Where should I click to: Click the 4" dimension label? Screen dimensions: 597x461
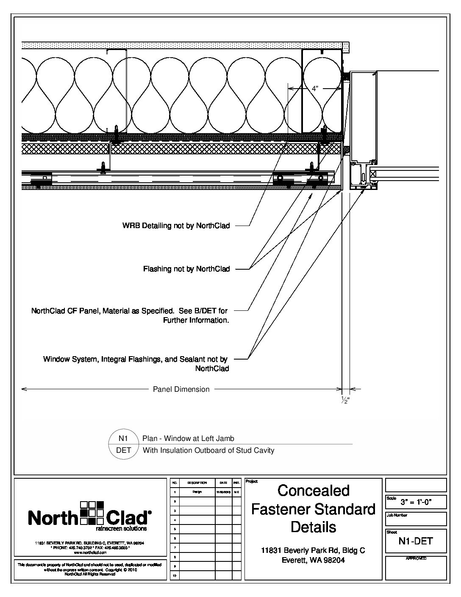pos(315,89)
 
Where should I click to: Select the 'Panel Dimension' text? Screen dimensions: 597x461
pos(181,389)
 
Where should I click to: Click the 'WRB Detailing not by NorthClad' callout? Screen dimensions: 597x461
pos(176,226)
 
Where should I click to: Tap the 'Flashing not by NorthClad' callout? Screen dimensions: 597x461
pos(186,269)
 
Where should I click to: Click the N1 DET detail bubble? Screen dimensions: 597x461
pos(124,444)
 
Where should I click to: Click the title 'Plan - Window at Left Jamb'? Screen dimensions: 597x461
pos(188,438)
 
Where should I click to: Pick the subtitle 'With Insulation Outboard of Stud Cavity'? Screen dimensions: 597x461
pos(208,450)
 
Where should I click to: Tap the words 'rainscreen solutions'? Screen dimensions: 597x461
pos(121,529)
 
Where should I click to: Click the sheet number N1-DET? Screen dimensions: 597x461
pos(416,541)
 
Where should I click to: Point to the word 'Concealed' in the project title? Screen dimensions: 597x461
pos(314,491)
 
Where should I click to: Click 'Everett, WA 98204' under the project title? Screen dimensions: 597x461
pos(313,560)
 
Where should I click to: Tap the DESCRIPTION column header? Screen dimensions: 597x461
pos(197,483)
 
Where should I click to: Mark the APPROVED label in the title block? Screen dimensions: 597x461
pos(416,558)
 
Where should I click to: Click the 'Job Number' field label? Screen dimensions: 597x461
pos(397,516)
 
